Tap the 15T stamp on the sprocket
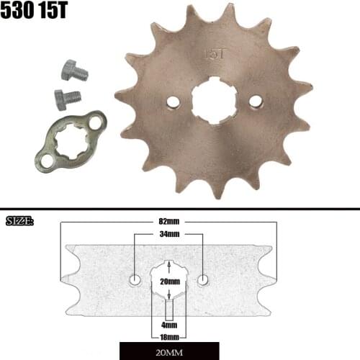pyautogui.click(x=213, y=53)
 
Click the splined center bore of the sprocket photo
pyautogui.click(x=214, y=102)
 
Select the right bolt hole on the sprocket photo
pyautogui.click(x=255, y=102)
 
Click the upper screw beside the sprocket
pyautogui.click(x=73, y=71)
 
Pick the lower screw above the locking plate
pyautogui.click(x=66, y=97)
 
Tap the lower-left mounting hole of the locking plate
pyautogui.click(x=47, y=161)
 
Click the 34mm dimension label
pyautogui.click(x=169, y=234)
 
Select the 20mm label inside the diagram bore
pyautogui.click(x=170, y=280)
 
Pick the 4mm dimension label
pyautogui.click(x=170, y=323)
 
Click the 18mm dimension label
pyautogui.click(x=170, y=335)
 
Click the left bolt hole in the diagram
pyautogui.click(x=135, y=279)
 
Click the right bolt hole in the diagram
pyautogui.click(x=204, y=279)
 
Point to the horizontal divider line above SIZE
pyautogui.click(x=180, y=210)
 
